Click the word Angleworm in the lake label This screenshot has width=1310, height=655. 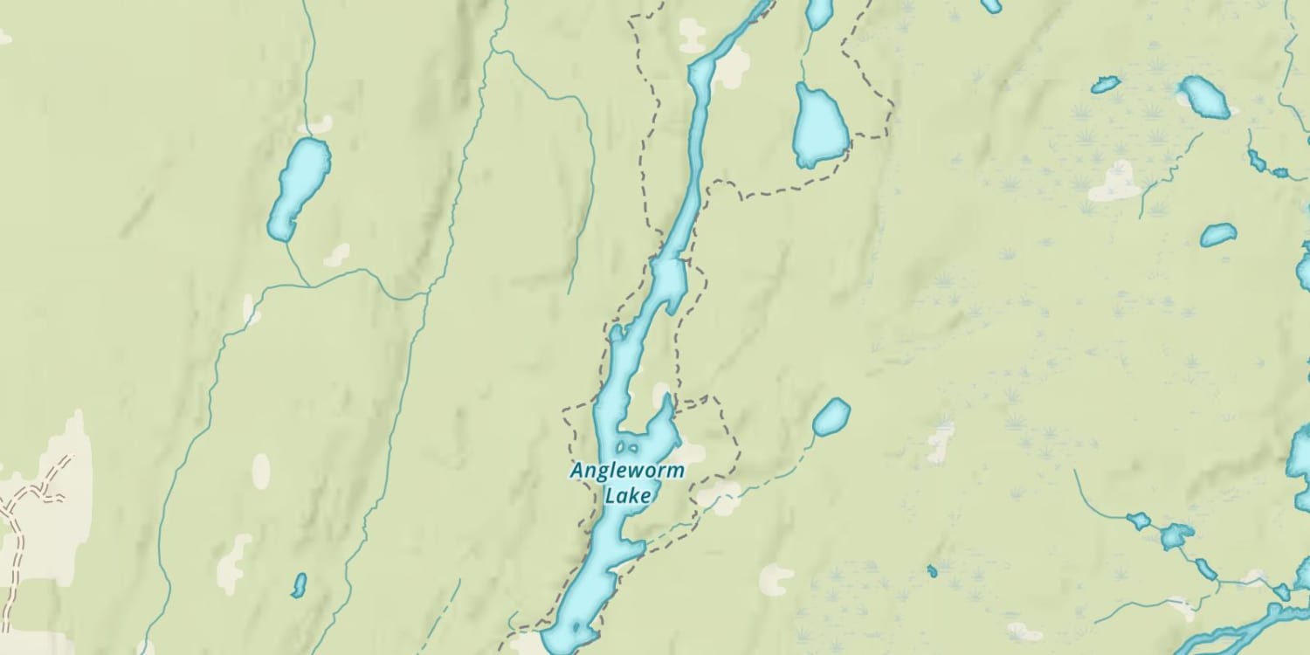(x=627, y=472)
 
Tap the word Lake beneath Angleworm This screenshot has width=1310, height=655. (x=628, y=496)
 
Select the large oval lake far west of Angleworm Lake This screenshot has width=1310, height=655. (x=299, y=188)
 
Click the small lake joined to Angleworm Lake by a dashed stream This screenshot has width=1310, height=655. (x=831, y=417)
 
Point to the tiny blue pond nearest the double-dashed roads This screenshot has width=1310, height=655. (x=299, y=585)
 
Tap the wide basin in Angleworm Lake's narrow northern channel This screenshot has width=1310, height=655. (x=669, y=281)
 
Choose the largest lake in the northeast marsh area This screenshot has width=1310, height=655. (x=1205, y=96)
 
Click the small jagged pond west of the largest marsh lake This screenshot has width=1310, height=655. (x=1106, y=85)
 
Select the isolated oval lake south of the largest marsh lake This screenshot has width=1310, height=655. (x=1218, y=234)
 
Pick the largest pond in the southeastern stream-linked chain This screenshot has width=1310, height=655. (x=1176, y=535)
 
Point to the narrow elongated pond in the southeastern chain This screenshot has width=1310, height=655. (x=1205, y=569)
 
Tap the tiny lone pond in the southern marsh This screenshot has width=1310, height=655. (x=932, y=571)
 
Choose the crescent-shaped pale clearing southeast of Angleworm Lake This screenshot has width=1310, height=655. (x=774, y=577)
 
